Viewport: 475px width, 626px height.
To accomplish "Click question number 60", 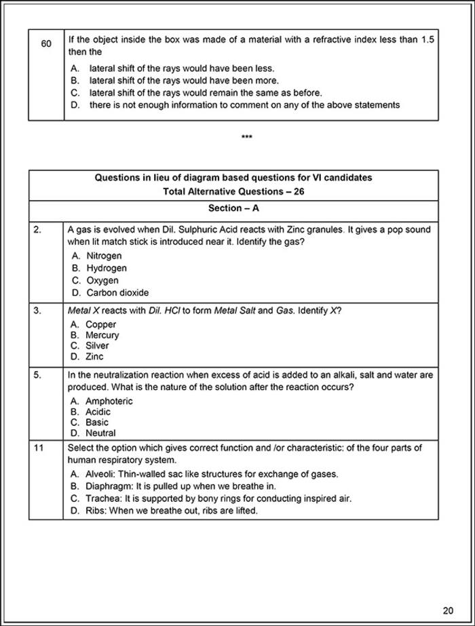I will coord(46,43).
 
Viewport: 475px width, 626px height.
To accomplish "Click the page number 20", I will coord(448,610).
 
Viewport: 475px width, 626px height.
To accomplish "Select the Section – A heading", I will coord(233,208).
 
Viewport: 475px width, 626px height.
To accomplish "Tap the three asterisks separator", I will coord(247,138).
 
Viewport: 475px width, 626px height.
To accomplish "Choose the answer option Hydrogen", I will coord(106,268).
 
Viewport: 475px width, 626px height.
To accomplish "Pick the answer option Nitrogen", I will coord(104,256).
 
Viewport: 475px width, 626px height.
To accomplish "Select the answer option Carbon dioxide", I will coord(117,292).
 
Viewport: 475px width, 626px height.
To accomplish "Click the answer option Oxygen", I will coord(102,280).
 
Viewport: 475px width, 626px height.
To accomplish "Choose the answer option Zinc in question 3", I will coord(94,356).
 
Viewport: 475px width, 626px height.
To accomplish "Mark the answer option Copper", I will coord(100,324).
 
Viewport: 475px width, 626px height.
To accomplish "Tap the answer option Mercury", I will coord(102,335).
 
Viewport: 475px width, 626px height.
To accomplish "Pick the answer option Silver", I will coord(97,345).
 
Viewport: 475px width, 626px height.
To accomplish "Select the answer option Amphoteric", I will coord(109,401).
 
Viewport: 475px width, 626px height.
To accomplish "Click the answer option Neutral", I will coord(100,433).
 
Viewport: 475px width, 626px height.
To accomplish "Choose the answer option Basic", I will coord(96,422).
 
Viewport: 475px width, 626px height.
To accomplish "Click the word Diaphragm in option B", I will coord(108,486).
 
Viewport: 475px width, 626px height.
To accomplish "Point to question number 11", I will coord(39,448).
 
